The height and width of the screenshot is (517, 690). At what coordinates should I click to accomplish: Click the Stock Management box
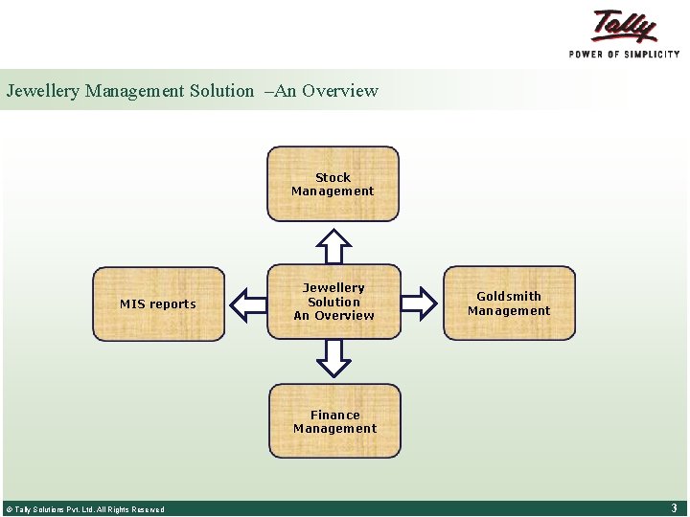click(x=333, y=184)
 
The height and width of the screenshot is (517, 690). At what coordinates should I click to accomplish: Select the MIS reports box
click(x=158, y=303)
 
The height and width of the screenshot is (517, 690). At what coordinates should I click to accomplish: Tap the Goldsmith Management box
click(x=509, y=303)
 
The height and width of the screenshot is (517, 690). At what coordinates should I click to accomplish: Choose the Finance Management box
click(x=334, y=421)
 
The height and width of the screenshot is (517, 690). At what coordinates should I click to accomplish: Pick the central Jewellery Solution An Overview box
click(x=333, y=302)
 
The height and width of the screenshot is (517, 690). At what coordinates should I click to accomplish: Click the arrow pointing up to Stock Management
click(x=333, y=245)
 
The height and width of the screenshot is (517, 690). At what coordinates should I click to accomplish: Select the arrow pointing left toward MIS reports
click(x=248, y=303)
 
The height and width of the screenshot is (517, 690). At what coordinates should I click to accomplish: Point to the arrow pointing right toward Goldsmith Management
click(x=419, y=303)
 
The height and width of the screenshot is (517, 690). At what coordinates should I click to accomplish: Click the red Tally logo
click(x=624, y=26)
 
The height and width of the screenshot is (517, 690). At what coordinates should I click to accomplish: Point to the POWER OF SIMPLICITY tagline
click(x=624, y=54)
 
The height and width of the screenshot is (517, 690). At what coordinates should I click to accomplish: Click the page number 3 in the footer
click(x=674, y=508)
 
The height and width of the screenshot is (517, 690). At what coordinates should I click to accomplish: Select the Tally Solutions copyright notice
click(x=85, y=509)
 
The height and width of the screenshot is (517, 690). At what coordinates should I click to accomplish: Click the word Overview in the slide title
click(x=340, y=91)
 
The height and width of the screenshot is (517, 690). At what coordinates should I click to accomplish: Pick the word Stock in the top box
click(x=333, y=177)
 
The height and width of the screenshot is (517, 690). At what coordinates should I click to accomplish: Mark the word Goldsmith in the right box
click(x=509, y=296)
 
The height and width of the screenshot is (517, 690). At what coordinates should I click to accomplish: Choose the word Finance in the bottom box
click(x=334, y=415)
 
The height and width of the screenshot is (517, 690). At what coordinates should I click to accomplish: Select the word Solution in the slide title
click(x=219, y=91)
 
